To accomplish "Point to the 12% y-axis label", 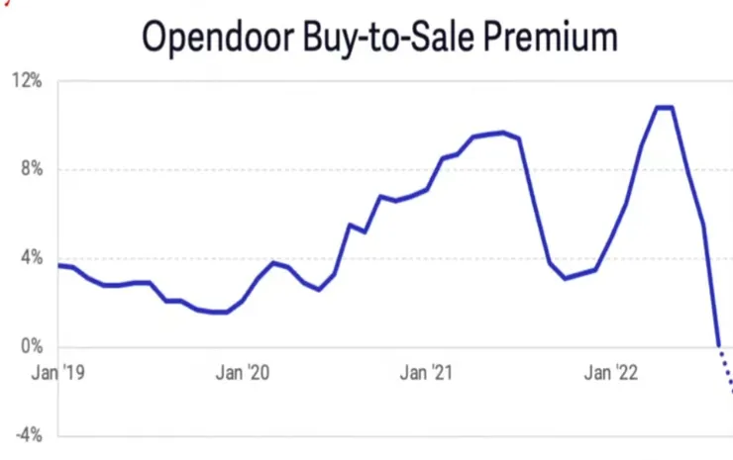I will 29,81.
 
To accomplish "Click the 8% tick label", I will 32,169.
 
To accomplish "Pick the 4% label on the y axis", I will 32,258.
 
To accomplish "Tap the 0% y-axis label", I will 32,347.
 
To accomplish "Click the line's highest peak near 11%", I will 664,107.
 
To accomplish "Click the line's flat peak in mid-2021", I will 502,132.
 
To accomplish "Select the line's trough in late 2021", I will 565,278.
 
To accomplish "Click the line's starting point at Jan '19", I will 59,265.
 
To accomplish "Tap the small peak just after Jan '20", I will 274,263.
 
